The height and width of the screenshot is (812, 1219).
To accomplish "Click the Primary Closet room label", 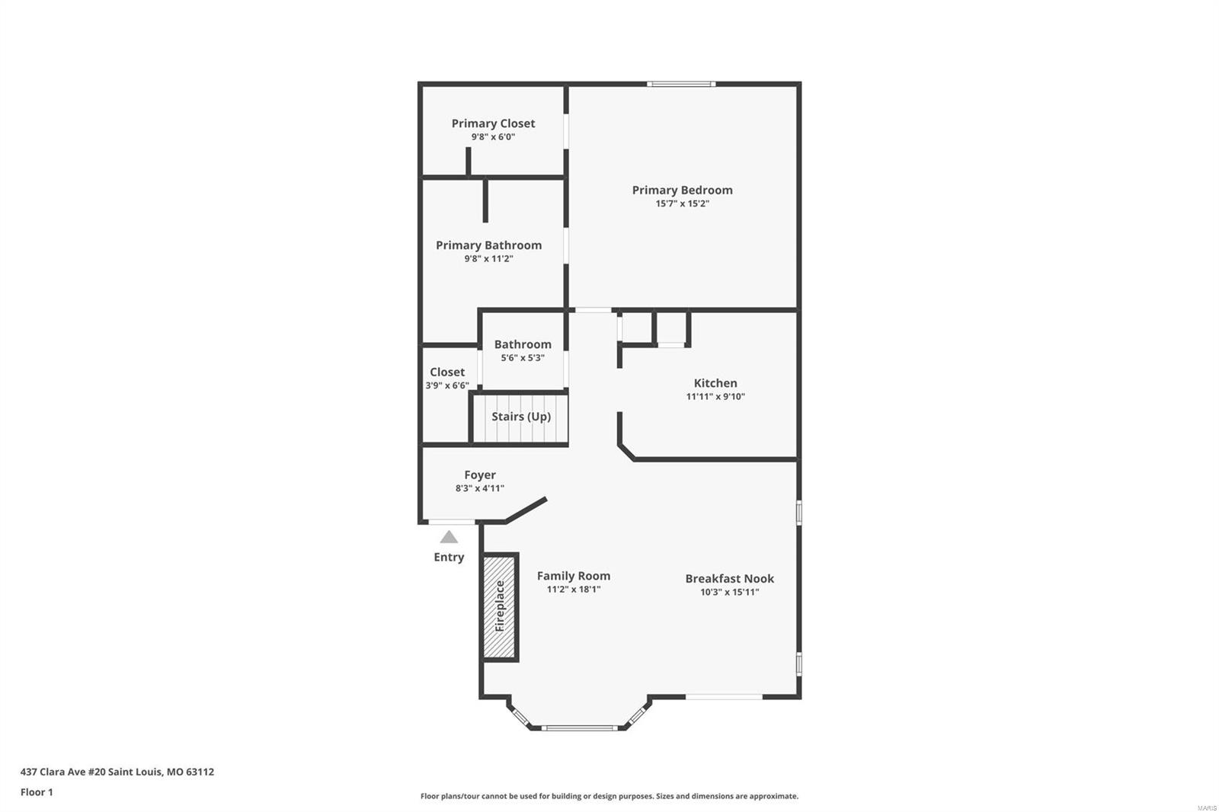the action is click(x=493, y=123).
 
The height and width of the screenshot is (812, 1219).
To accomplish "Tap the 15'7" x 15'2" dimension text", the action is click(x=683, y=203).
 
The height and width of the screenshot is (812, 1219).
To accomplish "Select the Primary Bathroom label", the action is click(x=488, y=245).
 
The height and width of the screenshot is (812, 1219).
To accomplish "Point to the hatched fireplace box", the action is click(x=500, y=607).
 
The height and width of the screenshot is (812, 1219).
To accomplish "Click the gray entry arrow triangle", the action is click(x=449, y=537).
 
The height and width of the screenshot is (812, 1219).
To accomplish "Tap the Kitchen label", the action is click(x=715, y=383).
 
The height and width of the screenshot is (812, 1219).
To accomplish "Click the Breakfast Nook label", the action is click(x=729, y=578).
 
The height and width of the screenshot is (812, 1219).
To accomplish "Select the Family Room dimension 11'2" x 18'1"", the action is click(x=574, y=590).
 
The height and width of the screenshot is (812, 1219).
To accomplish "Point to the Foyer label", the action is click(x=480, y=475).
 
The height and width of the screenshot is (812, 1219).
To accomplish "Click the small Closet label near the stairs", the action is click(x=447, y=372).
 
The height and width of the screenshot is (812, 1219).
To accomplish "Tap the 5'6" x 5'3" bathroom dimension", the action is click(x=523, y=358).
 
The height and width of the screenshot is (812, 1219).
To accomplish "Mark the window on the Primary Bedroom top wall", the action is click(x=681, y=84).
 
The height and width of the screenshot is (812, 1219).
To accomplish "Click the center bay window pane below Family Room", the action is click(x=579, y=727).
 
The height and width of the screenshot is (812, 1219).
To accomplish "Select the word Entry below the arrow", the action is click(x=449, y=558).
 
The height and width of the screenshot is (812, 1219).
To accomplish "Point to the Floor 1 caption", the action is click(x=37, y=792).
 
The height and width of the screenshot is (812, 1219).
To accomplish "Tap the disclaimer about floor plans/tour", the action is click(x=609, y=796).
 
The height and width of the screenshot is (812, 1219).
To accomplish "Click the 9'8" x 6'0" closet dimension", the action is click(x=493, y=136).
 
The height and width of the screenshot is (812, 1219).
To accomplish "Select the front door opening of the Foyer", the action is click(x=451, y=522).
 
